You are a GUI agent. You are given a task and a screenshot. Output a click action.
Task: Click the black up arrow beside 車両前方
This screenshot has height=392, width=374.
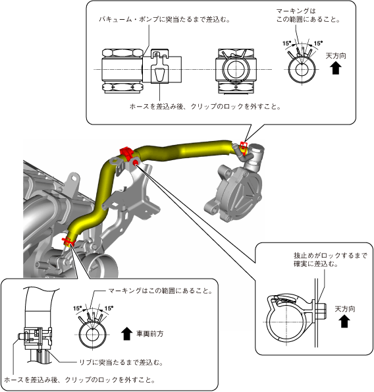[126, 334]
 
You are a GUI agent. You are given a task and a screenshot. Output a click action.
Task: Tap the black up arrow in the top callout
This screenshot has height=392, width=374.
[336, 68]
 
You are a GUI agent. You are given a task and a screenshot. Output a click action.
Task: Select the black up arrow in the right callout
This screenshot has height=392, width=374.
[344, 321]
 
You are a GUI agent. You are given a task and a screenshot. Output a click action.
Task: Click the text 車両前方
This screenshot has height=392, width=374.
[149, 333]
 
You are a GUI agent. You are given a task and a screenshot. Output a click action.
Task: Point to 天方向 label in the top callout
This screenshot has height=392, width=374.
[336, 55]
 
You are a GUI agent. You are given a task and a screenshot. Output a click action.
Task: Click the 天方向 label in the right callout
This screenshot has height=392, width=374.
[345, 309]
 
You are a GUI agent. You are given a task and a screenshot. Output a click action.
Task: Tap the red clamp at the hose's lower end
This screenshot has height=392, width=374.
[67, 241]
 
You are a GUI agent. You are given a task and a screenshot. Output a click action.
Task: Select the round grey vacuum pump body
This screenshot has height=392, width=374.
[236, 191]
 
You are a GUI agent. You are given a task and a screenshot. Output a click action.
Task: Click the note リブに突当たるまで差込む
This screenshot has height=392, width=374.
[121, 362]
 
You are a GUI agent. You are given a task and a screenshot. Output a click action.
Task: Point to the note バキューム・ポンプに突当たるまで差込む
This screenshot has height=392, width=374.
[165, 19]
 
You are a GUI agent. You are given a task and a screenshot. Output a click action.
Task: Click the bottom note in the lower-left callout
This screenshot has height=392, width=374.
[80, 380]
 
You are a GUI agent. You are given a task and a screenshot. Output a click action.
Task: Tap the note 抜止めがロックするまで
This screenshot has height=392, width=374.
[331, 256]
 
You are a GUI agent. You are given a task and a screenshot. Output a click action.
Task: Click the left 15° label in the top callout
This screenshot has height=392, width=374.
[287, 43]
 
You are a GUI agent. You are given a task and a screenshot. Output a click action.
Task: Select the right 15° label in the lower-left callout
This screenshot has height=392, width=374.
[109, 308]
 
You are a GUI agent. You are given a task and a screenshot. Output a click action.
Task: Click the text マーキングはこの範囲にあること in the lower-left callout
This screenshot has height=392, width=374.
[160, 291]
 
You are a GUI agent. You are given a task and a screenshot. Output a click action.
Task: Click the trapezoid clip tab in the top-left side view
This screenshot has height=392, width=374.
[159, 74]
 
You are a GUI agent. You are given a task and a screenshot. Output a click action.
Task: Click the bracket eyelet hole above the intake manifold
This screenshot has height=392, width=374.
[74, 178]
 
